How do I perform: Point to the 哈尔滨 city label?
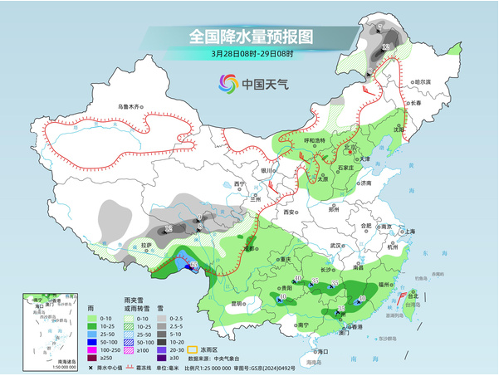pyautogui.click(x=423, y=81)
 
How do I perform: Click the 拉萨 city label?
pyautogui.click(x=147, y=245)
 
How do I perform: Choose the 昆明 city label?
pyautogui.click(x=238, y=302)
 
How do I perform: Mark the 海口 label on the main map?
pyautogui.click(x=322, y=352)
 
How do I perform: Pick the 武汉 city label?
pyautogui.click(x=335, y=246)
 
